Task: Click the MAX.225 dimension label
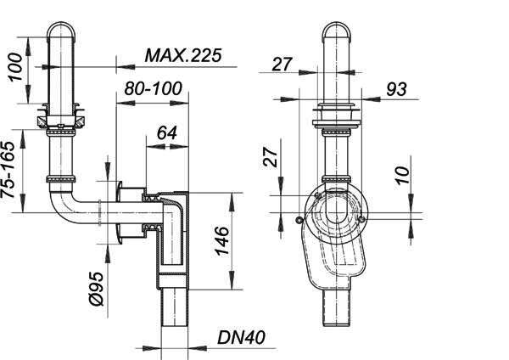pyautogui.click(x=182, y=55)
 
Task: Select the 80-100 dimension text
pyautogui.click(x=153, y=88)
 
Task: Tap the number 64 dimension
pyautogui.click(x=167, y=133)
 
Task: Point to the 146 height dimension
pyautogui.click(x=222, y=240)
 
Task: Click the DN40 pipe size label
pyautogui.click(x=241, y=337)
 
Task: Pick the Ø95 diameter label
pyautogui.click(x=97, y=289)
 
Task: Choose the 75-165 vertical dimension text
pyautogui.click(x=8, y=169)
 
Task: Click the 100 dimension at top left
pyautogui.click(x=15, y=67)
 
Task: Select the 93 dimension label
pyautogui.click(x=396, y=88)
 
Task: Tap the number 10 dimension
pyautogui.click(x=402, y=175)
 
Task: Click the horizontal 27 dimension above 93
pyautogui.click(x=282, y=64)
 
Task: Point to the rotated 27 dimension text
pyautogui.click(x=270, y=157)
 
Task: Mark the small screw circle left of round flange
pyautogui.click(x=299, y=220)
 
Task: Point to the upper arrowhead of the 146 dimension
pyautogui.click(x=232, y=201)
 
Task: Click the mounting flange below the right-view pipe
pyautogui.click(x=336, y=123)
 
